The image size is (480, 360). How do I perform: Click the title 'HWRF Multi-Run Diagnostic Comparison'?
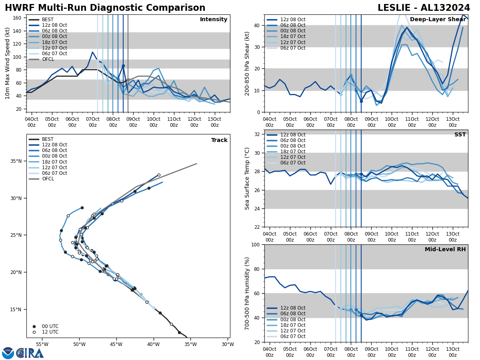[x=105, y=8]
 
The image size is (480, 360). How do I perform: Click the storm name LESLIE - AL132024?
[x=424, y=8]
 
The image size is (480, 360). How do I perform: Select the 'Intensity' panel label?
[x=214, y=20]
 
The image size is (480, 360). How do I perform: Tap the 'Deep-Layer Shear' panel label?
[x=438, y=20]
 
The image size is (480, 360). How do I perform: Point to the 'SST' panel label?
[x=460, y=135]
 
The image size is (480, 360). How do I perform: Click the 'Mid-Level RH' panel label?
[x=445, y=250]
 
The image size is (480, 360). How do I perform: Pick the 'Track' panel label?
[x=219, y=140]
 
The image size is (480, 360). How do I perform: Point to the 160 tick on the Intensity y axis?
[x=18, y=18]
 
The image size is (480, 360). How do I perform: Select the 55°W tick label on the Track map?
[x=42, y=345]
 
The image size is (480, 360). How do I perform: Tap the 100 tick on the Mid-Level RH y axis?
[x=255, y=244]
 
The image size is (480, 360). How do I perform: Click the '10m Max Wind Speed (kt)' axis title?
[x=7, y=63]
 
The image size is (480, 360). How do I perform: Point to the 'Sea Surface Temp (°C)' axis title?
[x=247, y=178]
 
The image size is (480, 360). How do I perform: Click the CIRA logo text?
[x=30, y=353]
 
